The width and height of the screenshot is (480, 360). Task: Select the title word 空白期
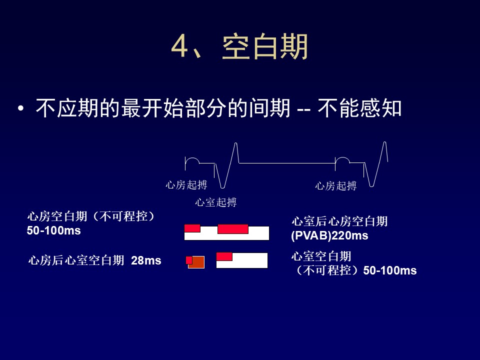[x=265, y=46]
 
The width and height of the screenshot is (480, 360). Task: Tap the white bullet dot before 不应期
[x=21, y=108]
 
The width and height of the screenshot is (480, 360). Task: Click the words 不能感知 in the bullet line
[x=359, y=108]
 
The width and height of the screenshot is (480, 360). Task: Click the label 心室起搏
[x=216, y=202]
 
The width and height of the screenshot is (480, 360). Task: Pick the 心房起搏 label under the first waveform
[x=186, y=185]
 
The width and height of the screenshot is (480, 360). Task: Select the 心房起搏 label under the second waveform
[x=336, y=186]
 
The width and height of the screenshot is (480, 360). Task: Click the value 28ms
[x=146, y=260]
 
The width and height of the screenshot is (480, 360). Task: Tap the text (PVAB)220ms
[x=329, y=235]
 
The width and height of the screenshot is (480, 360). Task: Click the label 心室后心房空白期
[x=339, y=221]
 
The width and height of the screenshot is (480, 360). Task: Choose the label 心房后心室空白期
[x=76, y=260]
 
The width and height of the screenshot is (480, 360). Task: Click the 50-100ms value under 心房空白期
[x=53, y=230]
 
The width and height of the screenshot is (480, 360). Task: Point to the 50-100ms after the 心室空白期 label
[x=390, y=270]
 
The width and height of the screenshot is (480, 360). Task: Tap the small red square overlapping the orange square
[x=189, y=260]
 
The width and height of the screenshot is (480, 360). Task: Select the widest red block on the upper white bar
[x=233, y=229]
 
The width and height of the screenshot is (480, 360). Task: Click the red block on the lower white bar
[x=224, y=256]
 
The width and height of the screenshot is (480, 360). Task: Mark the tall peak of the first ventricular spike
[x=236, y=143]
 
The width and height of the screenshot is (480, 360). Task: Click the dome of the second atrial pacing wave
[x=342, y=158]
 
